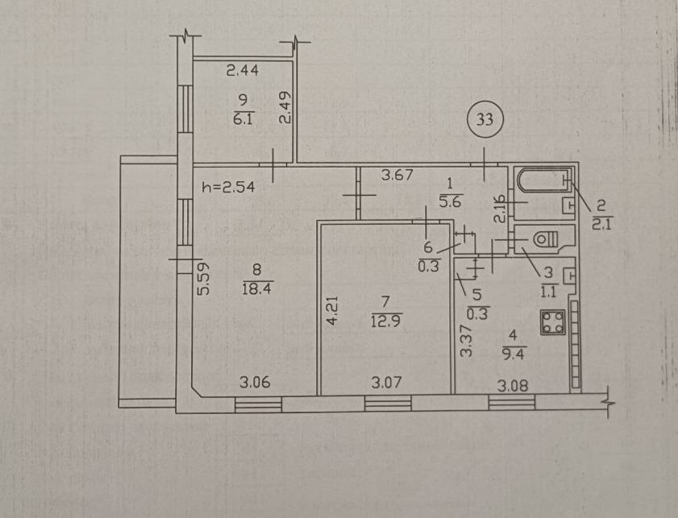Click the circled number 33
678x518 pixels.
(485, 121)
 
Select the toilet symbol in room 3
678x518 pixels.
(546, 238)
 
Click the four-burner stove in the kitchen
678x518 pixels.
(553, 323)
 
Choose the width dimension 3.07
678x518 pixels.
(385, 383)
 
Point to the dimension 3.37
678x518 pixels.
(464, 341)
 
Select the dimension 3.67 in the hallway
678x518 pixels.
(397, 172)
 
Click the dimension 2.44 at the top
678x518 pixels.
(242, 71)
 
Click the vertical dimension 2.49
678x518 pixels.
(284, 108)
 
